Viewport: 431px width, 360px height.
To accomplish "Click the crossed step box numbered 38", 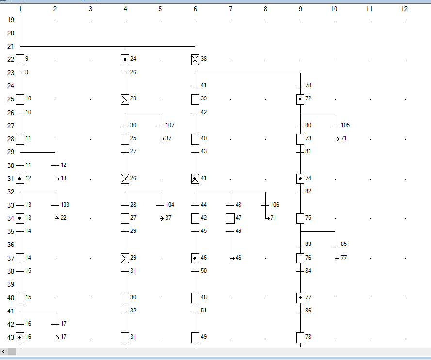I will click(x=195, y=60).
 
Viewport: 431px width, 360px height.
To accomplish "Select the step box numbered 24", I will click(x=125, y=60).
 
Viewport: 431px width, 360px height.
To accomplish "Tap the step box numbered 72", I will click(x=300, y=99).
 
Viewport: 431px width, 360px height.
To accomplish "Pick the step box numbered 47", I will click(x=230, y=218).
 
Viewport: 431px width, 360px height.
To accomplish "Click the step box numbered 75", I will click(x=300, y=218).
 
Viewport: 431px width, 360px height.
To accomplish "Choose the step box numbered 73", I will click(x=300, y=139).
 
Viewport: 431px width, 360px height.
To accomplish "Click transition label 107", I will click(x=170, y=125).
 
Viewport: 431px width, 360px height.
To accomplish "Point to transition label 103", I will click(x=65, y=205).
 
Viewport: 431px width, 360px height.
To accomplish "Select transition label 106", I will click(x=275, y=205).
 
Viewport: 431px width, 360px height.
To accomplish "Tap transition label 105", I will click(x=345, y=125).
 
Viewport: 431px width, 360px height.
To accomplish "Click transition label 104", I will click(x=170, y=205).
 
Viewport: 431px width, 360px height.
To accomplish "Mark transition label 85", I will click(x=344, y=244).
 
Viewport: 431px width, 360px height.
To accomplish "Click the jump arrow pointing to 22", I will click(x=57, y=218).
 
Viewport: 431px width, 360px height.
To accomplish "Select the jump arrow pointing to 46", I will click(x=232, y=258).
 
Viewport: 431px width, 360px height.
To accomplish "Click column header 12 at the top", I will click(x=404, y=9).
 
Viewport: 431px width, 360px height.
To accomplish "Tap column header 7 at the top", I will click(x=230, y=9).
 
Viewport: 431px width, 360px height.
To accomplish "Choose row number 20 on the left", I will click(x=11, y=33).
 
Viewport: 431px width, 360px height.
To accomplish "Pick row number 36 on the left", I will click(x=11, y=245).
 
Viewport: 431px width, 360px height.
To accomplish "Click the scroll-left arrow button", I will click(x=4, y=351).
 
